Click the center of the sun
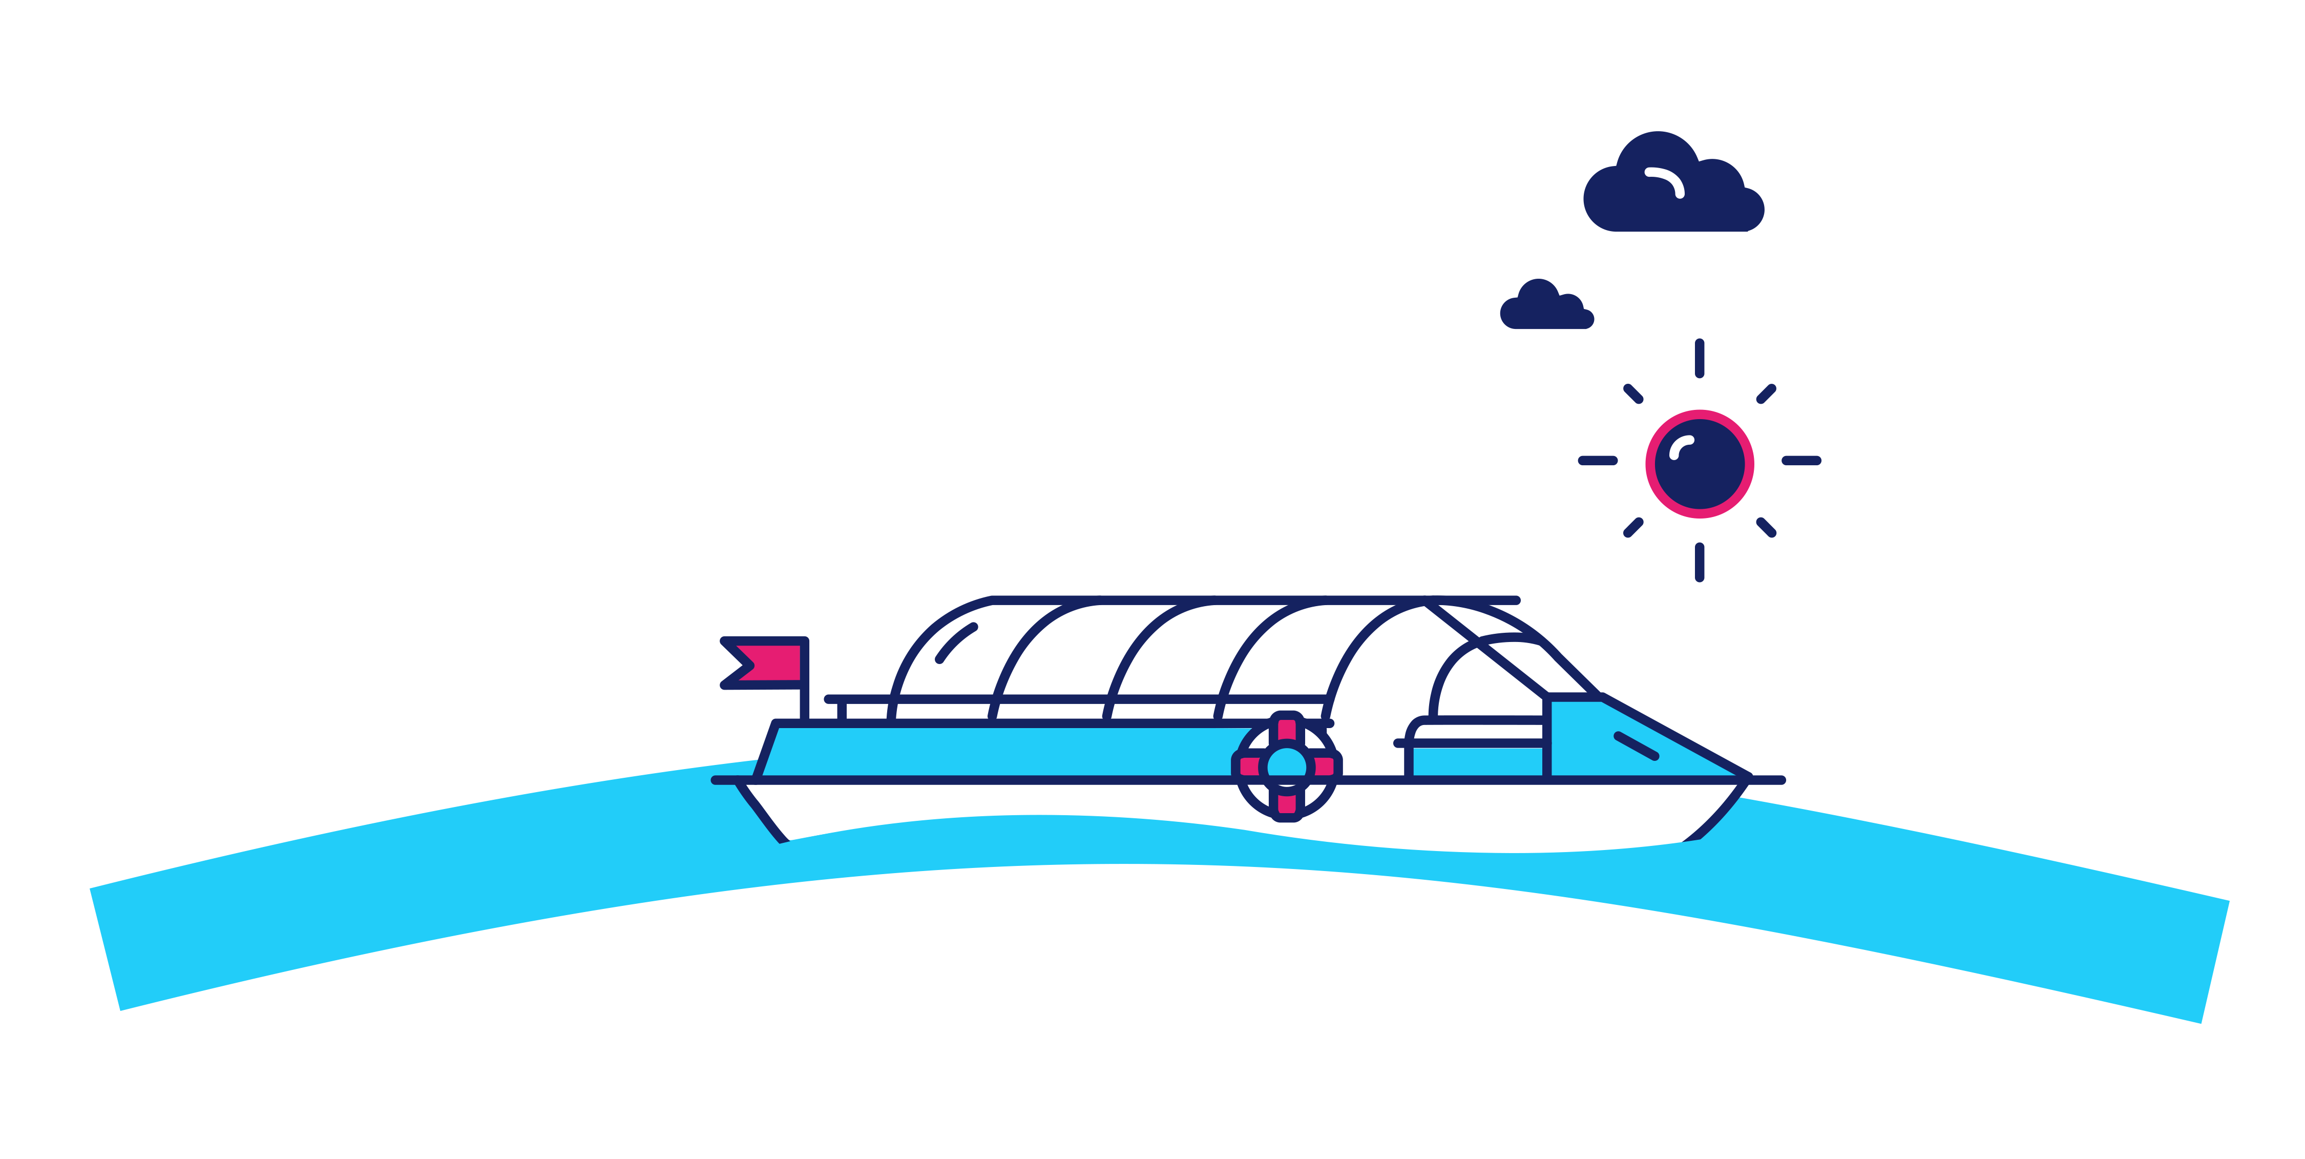coord(1699,464)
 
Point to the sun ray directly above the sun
coord(1699,358)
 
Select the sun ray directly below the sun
coord(1699,562)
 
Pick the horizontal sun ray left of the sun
coord(1597,461)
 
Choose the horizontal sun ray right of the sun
coord(1801,461)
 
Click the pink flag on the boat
coord(769,663)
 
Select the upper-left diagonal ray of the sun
coord(1633,394)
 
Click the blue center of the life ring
coord(1287,765)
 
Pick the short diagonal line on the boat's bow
coord(1636,746)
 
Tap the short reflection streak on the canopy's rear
coord(956,643)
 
